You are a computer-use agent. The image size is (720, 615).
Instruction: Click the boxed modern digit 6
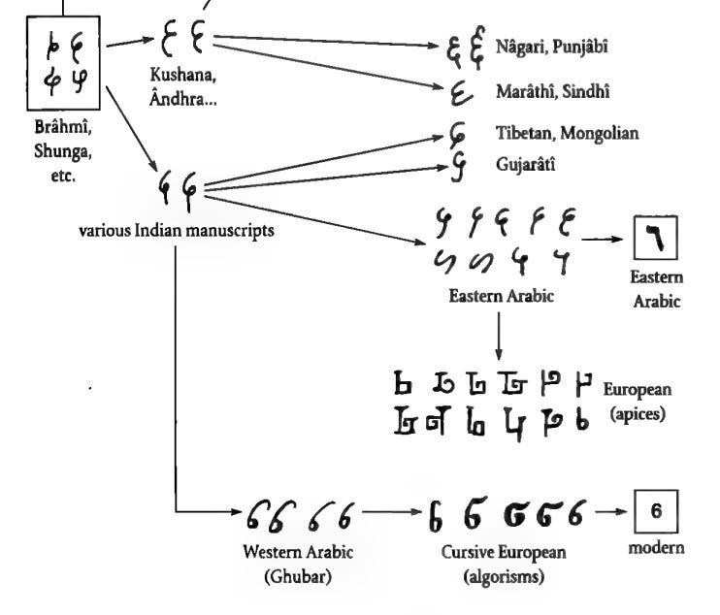pyautogui.click(x=656, y=510)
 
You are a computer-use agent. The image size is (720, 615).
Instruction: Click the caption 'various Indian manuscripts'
pyautogui.click(x=177, y=234)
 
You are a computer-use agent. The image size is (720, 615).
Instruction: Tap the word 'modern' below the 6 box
pyautogui.click(x=656, y=547)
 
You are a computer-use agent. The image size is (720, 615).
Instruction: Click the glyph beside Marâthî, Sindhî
pyautogui.click(x=459, y=94)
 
